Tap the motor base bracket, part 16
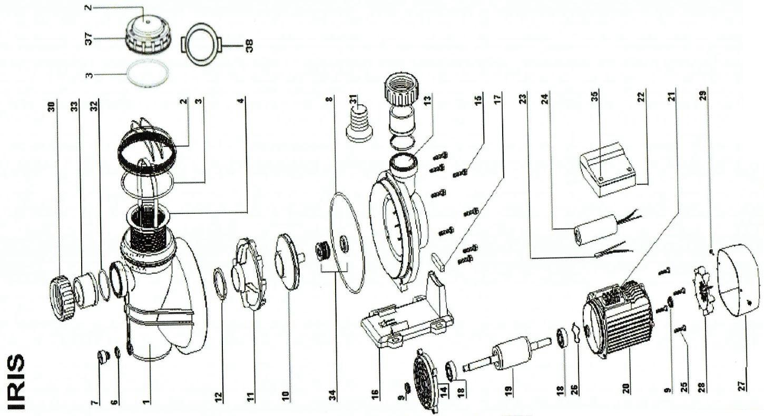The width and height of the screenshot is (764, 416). [406, 316]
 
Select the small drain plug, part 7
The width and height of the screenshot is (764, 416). [101, 358]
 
